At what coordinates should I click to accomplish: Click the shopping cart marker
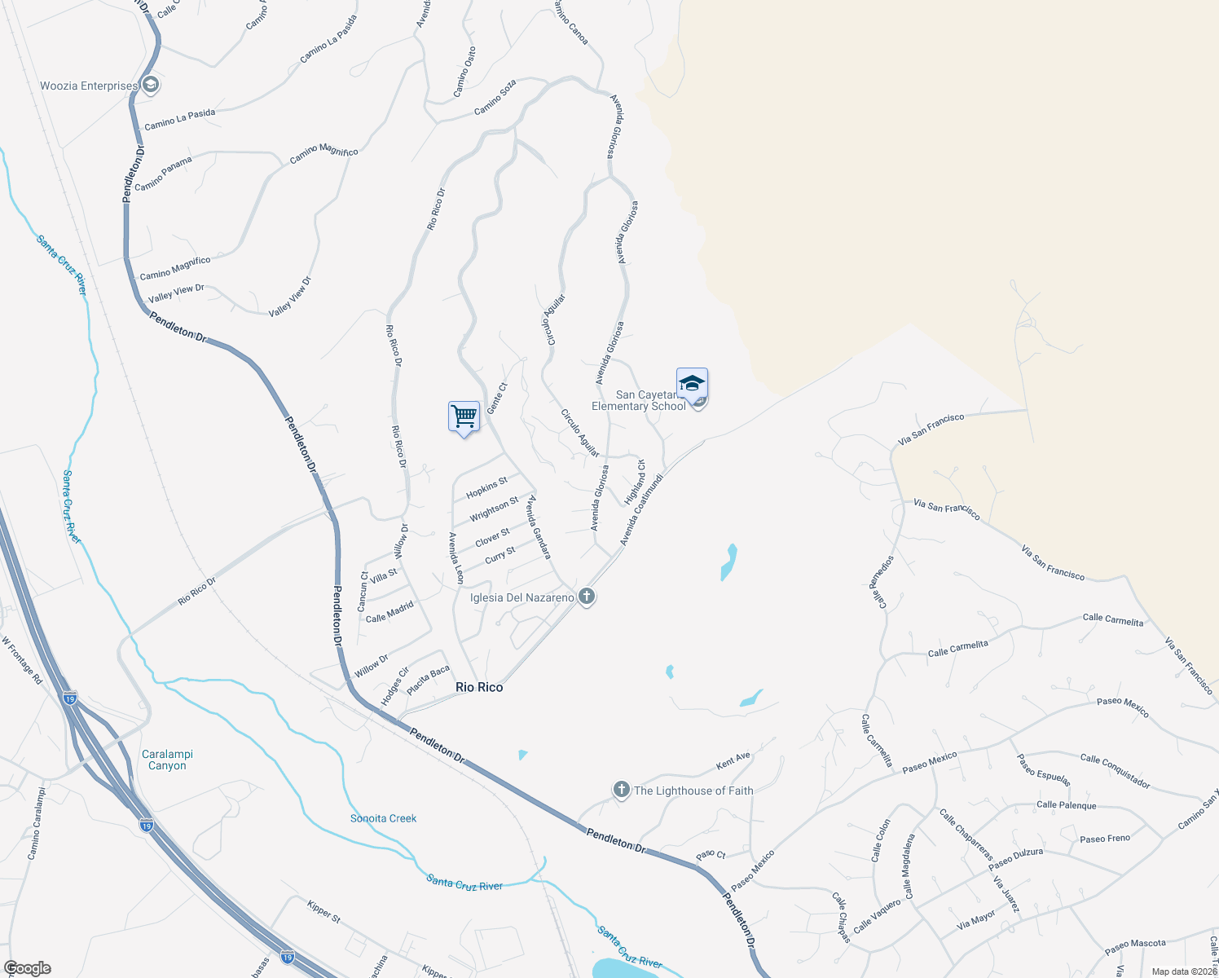click(464, 416)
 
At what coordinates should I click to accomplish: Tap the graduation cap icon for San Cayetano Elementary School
click(692, 383)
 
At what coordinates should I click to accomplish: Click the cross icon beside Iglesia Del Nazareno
click(586, 597)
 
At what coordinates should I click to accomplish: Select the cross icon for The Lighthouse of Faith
click(622, 790)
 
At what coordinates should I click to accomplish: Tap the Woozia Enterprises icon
click(150, 86)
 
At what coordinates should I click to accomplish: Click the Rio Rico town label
click(479, 687)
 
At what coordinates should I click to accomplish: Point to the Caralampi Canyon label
click(167, 760)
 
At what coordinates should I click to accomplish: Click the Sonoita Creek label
click(383, 818)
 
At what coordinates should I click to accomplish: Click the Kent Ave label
click(733, 761)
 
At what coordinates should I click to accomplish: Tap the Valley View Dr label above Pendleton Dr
click(176, 293)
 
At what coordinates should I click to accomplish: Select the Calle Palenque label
click(1066, 805)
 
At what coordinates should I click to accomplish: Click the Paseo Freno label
click(1104, 839)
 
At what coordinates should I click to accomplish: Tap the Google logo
click(27, 967)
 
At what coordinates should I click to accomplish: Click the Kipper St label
click(323, 910)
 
